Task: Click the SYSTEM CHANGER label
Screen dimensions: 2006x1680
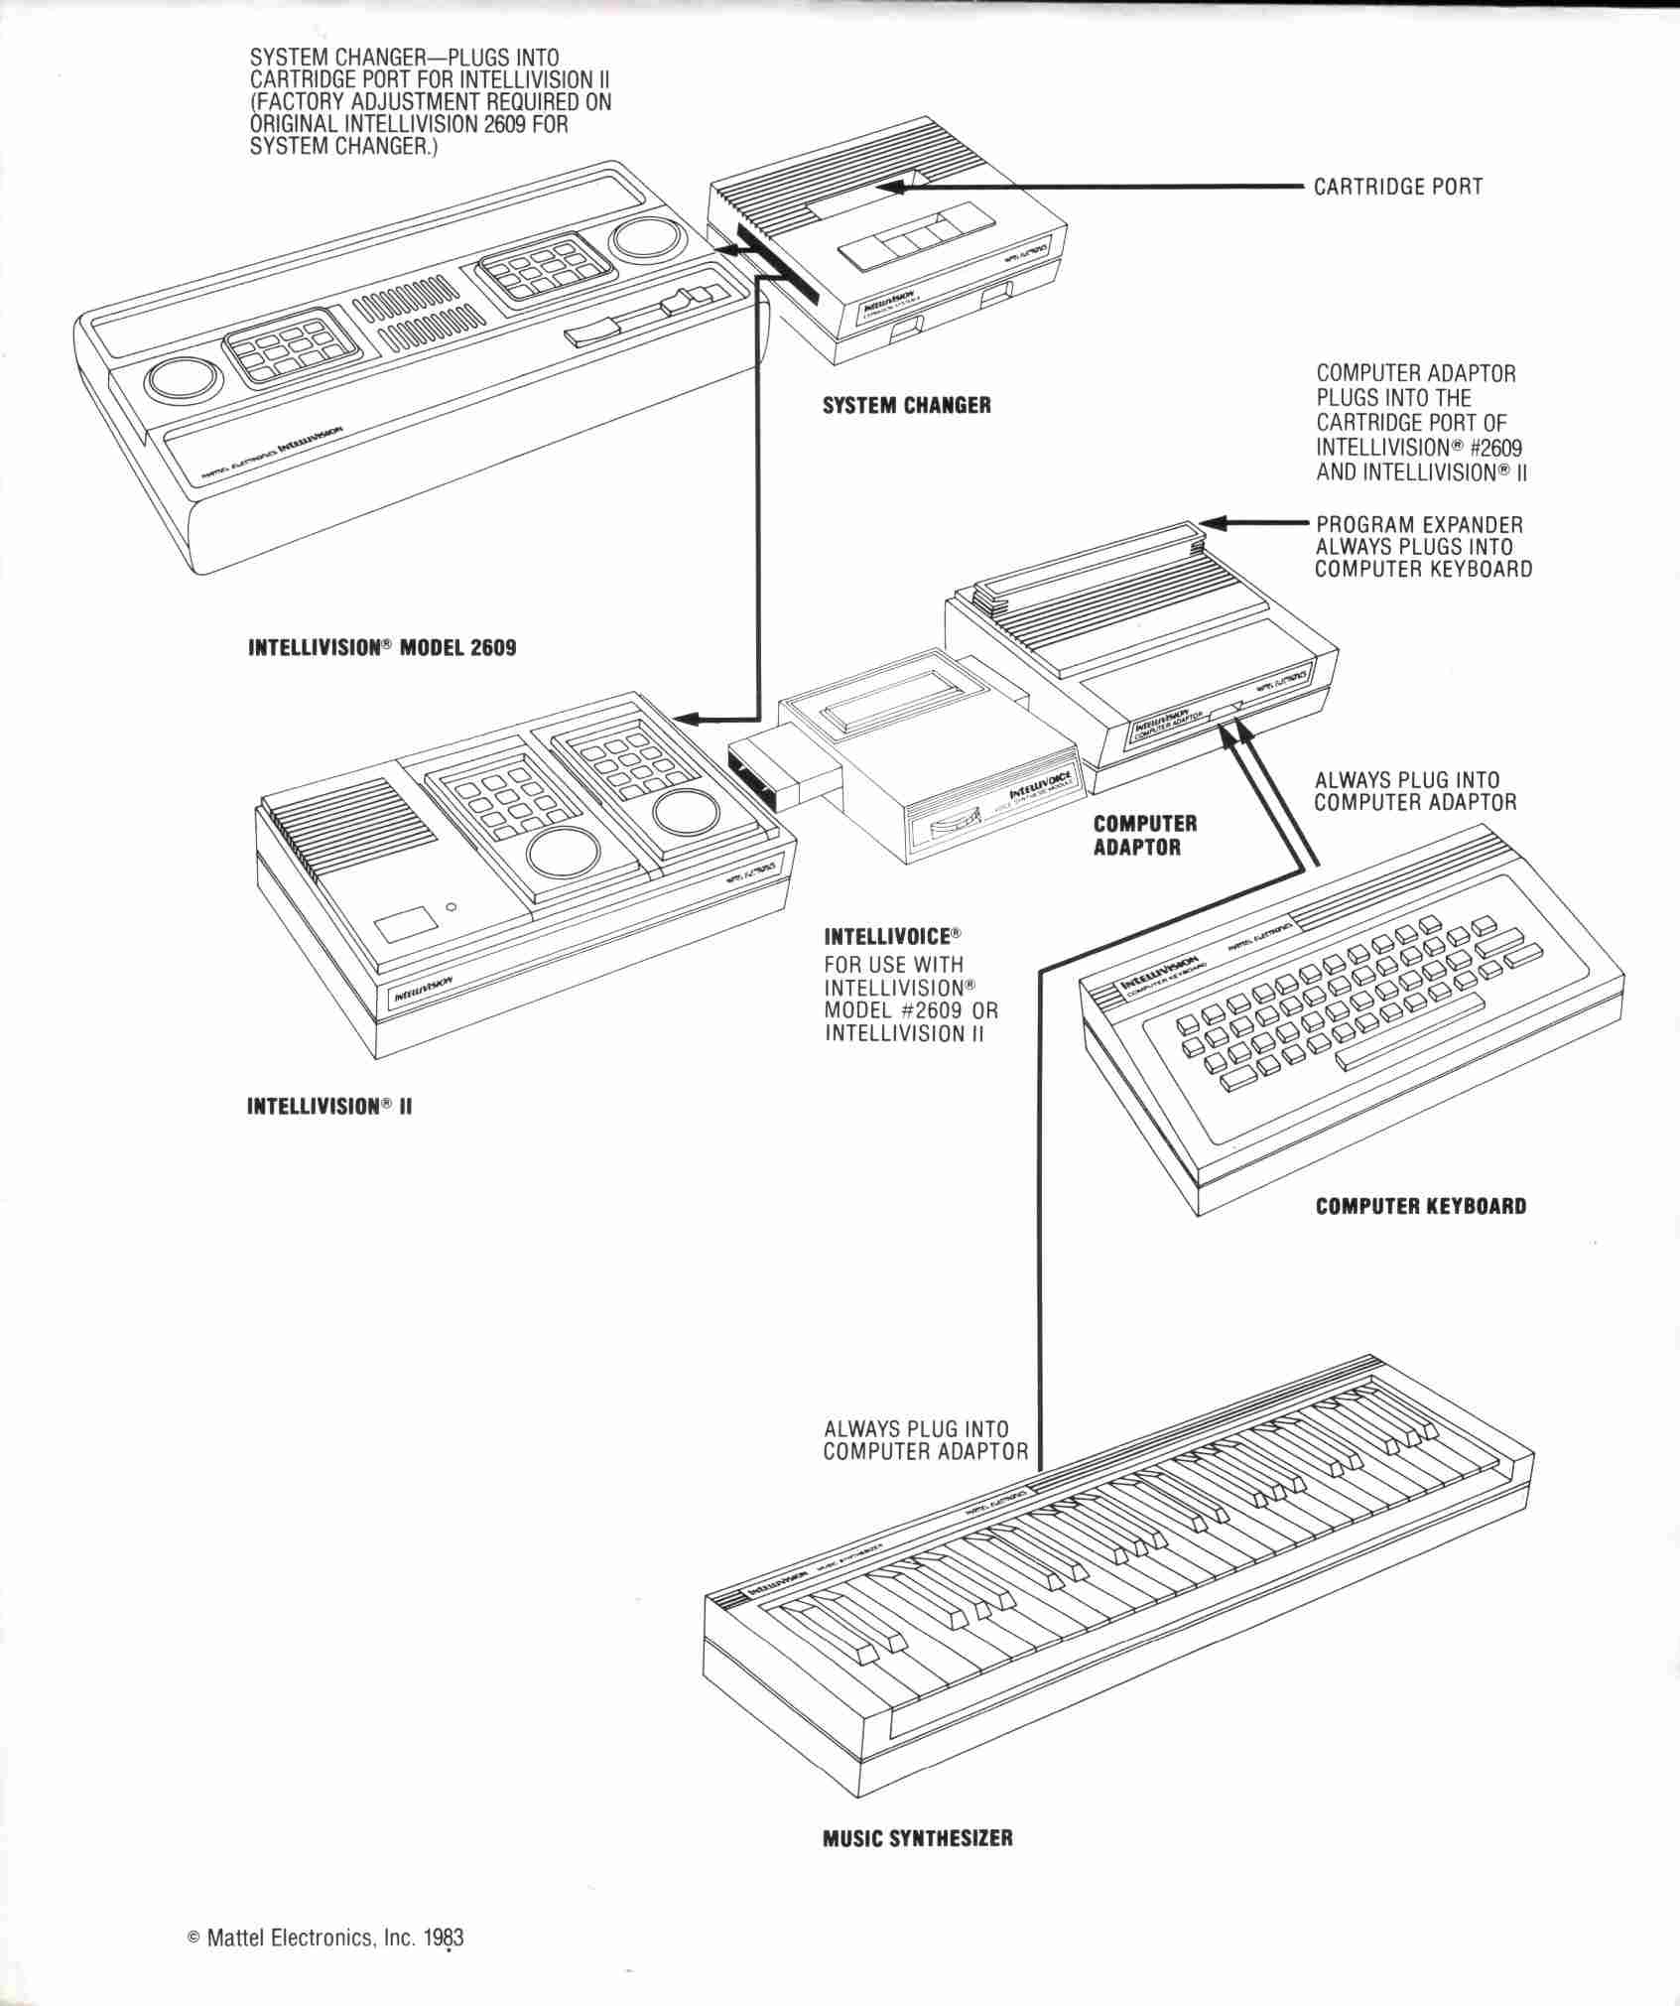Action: (906, 405)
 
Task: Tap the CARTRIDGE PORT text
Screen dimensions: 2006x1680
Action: (1397, 187)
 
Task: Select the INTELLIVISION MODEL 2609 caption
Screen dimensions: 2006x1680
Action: (382, 648)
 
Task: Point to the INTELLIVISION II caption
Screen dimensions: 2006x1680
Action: (328, 1106)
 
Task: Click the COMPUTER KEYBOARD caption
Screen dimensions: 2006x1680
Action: (1421, 1207)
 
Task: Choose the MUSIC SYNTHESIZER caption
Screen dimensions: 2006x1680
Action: (918, 1837)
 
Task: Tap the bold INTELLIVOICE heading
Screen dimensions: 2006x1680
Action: (893, 935)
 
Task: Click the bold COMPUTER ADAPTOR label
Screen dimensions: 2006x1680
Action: (1144, 835)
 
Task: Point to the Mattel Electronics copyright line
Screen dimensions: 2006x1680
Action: (325, 1964)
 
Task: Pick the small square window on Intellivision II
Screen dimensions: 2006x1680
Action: (404, 924)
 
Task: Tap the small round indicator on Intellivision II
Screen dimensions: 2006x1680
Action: (452, 906)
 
